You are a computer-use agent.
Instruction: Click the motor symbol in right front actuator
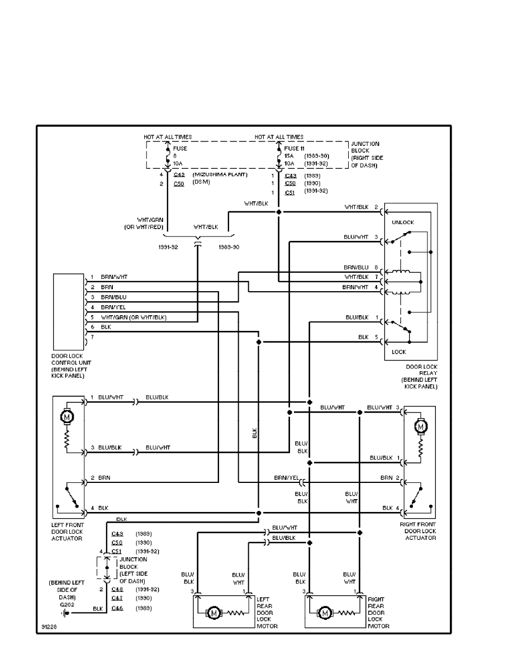coord(420,426)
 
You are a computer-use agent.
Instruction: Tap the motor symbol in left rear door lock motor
coord(213,613)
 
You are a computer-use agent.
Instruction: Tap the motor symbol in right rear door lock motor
coord(325,613)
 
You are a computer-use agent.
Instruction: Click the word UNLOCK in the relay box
coord(403,222)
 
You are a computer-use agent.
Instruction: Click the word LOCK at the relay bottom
coord(398,352)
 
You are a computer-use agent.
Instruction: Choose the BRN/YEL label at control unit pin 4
coord(112,307)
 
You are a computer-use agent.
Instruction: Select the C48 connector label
coord(117,589)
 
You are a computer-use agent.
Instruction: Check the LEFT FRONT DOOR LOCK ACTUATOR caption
coord(68,532)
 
